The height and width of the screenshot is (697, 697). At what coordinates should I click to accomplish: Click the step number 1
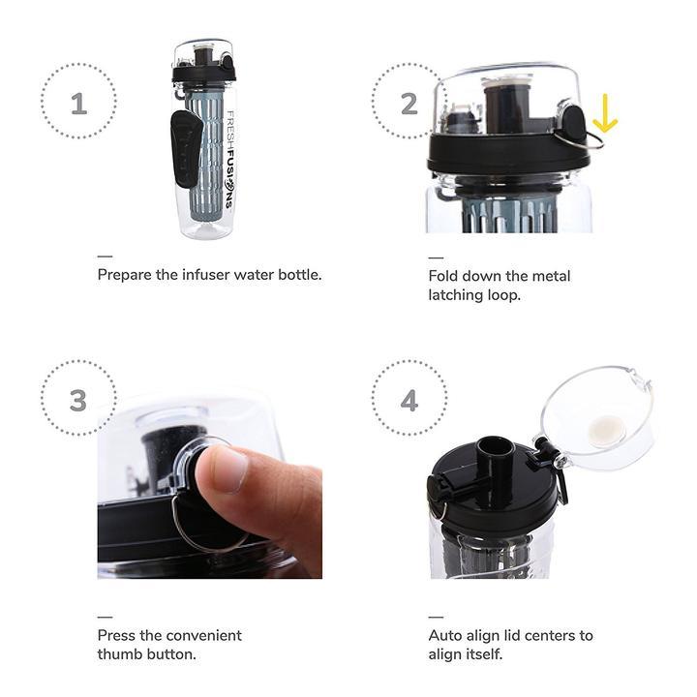[78, 104]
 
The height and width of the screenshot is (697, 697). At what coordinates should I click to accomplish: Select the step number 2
[409, 104]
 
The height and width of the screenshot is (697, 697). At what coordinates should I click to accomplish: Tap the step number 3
[78, 401]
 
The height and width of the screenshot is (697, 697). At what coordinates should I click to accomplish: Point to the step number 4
[409, 401]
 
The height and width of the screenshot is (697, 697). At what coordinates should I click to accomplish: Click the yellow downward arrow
[605, 113]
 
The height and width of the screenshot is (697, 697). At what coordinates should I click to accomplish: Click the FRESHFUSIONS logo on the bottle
[229, 160]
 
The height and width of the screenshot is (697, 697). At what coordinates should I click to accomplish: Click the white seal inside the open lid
[606, 430]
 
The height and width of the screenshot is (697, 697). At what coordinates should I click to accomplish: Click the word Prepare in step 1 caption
[125, 275]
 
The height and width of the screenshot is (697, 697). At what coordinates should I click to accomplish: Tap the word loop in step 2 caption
[503, 295]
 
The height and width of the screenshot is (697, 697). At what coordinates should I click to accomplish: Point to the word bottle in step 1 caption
[299, 274]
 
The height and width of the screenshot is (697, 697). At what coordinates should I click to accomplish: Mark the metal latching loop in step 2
[582, 139]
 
